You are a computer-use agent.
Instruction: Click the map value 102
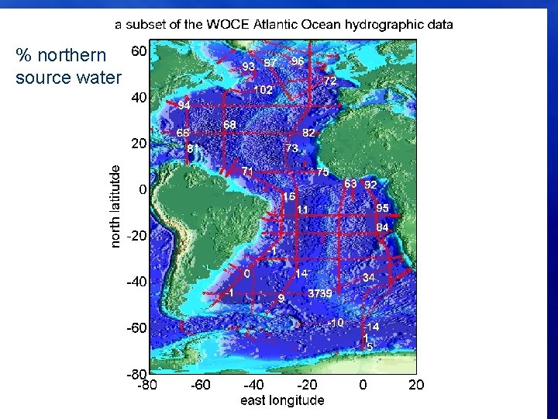click(263, 90)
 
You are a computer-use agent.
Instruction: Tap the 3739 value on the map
click(320, 293)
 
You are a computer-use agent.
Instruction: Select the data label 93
click(249, 67)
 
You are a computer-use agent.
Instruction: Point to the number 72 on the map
click(329, 81)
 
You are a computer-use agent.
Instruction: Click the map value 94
click(184, 105)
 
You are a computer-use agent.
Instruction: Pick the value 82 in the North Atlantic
click(308, 133)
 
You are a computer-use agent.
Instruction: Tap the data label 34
click(369, 277)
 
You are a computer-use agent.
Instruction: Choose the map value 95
click(382, 208)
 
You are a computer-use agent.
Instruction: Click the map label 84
click(382, 227)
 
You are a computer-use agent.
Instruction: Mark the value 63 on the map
click(350, 184)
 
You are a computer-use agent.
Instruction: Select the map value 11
click(302, 209)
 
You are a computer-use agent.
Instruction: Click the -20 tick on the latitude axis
click(137, 236)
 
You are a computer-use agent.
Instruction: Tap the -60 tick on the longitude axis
click(200, 384)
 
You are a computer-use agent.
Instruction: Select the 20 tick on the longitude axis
click(416, 384)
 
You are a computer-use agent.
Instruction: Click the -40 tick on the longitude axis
click(253, 384)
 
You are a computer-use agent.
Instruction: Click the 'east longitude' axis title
click(282, 400)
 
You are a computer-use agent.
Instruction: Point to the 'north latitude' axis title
click(115, 206)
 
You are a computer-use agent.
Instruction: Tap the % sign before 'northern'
click(23, 57)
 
